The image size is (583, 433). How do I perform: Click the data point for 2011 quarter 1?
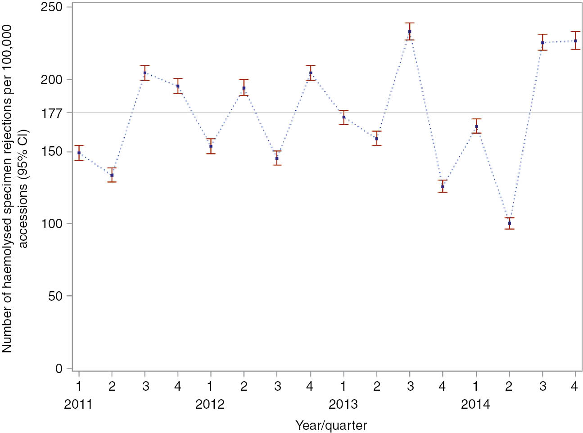[79, 153]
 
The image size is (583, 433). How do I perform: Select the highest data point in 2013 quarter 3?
[410, 32]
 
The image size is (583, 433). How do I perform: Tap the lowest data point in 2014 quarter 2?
[509, 223]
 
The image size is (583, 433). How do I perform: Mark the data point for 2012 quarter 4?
[311, 73]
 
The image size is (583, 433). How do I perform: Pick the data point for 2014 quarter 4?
[575, 41]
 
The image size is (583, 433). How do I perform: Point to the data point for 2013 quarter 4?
[443, 186]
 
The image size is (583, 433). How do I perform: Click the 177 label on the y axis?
[52, 113]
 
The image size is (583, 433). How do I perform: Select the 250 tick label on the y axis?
[52, 7]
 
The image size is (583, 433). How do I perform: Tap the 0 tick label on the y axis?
[59, 369]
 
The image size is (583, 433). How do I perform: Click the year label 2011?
[78, 404]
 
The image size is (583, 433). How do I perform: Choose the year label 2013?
[343, 404]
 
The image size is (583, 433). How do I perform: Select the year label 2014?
[475, 404]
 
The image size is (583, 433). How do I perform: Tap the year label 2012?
[210, 404]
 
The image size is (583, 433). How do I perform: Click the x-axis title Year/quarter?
[331, 425]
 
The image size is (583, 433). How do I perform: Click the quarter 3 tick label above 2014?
[542, 386]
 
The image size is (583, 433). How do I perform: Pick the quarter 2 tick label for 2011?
[112, 386]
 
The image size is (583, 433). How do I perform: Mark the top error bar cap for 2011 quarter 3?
[145, 66]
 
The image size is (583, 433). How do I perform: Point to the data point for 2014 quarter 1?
[476, 126]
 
